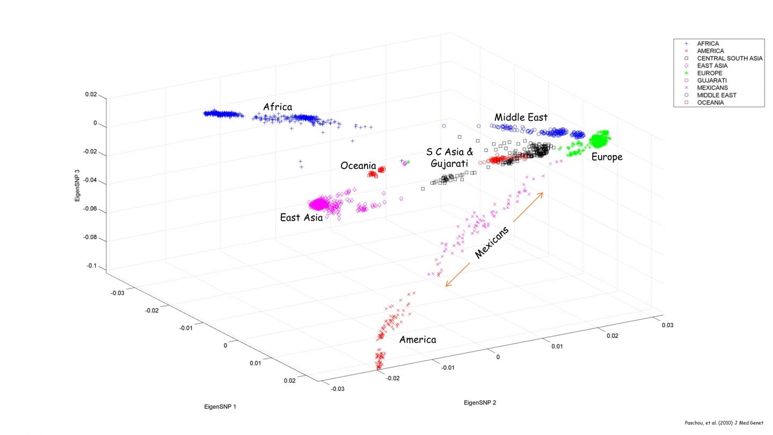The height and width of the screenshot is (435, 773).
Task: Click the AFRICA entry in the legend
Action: coord(708,44)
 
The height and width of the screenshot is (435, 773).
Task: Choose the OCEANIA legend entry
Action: coord(710,103)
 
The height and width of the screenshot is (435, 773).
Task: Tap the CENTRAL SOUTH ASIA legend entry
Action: coord(730,58)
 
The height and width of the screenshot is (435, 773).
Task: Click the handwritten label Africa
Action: coord(278,106)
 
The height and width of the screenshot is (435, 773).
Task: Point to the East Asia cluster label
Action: coord(301,218)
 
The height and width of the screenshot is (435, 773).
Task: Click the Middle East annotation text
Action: coord(521,117)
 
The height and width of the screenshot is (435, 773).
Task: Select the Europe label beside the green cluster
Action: coord(607,157)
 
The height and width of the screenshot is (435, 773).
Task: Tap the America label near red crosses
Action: coord(418,339)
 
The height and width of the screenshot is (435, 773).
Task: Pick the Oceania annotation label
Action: coord(358,166)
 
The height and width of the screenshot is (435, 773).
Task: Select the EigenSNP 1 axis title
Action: coord(220,407)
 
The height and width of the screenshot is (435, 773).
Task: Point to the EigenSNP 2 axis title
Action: coord(480,402)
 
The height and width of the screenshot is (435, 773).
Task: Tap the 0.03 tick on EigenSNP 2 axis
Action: coord(667,325)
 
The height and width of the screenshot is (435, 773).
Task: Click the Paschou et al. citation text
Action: coord(724,423)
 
